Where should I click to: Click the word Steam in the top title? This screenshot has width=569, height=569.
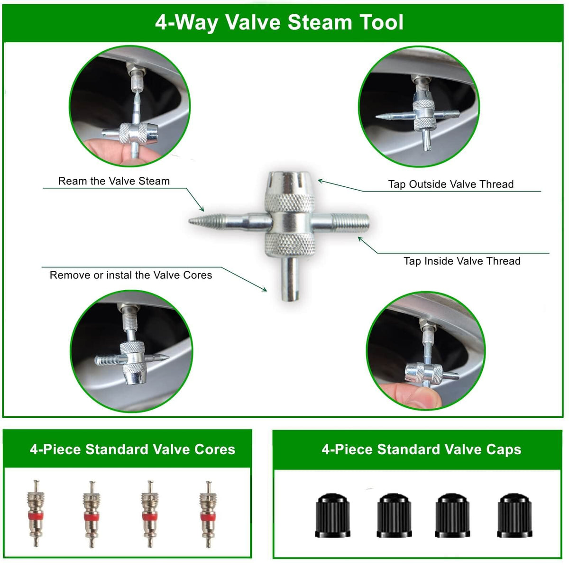(320, 22)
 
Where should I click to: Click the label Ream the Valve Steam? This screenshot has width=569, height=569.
(114, 181)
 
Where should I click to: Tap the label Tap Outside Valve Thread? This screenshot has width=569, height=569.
(450, 184)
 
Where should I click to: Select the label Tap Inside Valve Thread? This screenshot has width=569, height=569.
(462, 261)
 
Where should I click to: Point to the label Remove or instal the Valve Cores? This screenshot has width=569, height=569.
(131, 275)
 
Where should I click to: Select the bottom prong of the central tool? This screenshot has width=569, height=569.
(289, 279)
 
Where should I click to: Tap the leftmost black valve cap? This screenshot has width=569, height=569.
(333, 515)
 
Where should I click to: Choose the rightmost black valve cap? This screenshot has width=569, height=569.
(514, 515)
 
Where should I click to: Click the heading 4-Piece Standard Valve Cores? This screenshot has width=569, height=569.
(133, 450)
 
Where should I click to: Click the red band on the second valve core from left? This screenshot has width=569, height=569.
(91, 517)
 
